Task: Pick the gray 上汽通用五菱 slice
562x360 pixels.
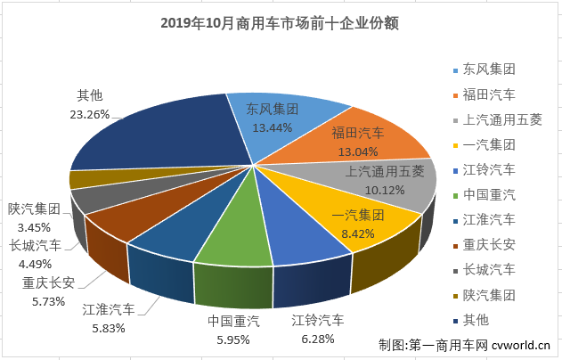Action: click(x=392, y=183)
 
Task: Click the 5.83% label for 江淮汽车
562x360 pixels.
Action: click(x=109, y=327)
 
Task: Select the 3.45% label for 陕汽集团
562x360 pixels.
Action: click(x=34, y=225)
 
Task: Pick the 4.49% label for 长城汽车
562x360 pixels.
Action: click(x=34, y=262)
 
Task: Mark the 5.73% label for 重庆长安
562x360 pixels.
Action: click(x=48, y=301)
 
